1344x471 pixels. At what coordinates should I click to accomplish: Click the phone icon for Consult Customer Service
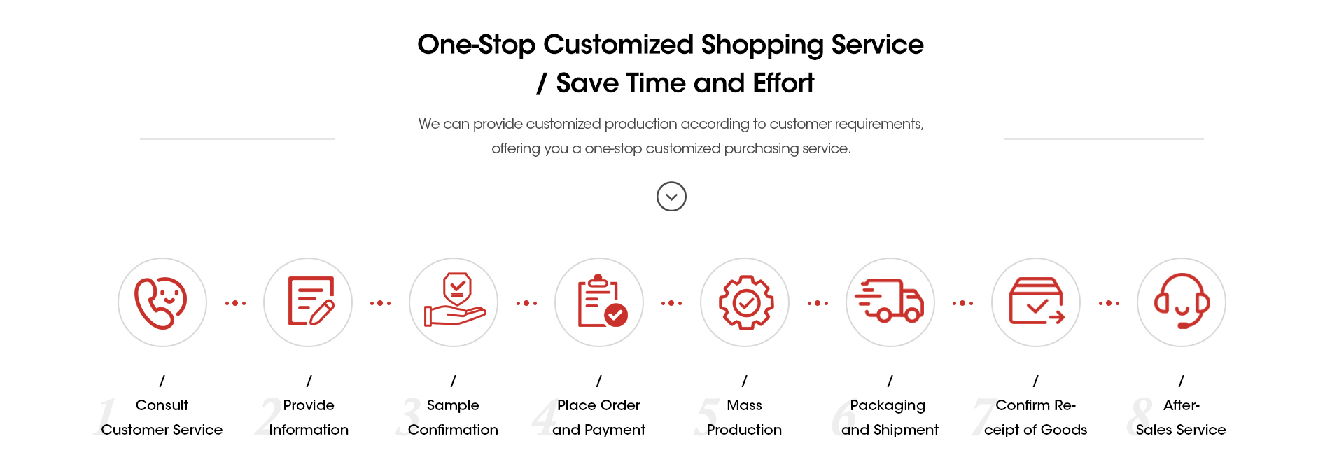click(160, 303)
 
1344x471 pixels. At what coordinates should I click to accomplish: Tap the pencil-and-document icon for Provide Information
click(311, 301)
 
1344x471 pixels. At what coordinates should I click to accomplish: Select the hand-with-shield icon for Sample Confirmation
click(455, 300)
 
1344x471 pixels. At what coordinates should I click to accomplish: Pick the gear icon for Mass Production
click(746, 302)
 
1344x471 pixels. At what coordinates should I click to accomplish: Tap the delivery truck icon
click(890, 301)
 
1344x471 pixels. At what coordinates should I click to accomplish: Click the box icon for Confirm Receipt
click(1037, 301)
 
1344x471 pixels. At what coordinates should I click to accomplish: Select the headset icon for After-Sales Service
click(1182, 301)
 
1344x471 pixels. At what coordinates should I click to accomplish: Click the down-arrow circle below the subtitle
click(671, 197)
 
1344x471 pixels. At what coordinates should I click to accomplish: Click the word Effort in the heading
click(783, 83)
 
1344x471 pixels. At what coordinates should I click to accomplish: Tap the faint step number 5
click(706, 417)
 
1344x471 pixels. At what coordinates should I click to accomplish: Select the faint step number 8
click(1140, 417)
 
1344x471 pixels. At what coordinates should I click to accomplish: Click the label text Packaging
click(888, 406)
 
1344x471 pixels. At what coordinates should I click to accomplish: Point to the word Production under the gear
click(744, 430)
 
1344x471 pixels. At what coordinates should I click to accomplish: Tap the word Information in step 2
click(309, 430)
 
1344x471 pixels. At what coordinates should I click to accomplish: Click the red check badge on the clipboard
click(616, 316)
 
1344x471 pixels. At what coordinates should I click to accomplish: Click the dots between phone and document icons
click(235, 303)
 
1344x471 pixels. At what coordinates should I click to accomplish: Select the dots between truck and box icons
click(962, 303)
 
